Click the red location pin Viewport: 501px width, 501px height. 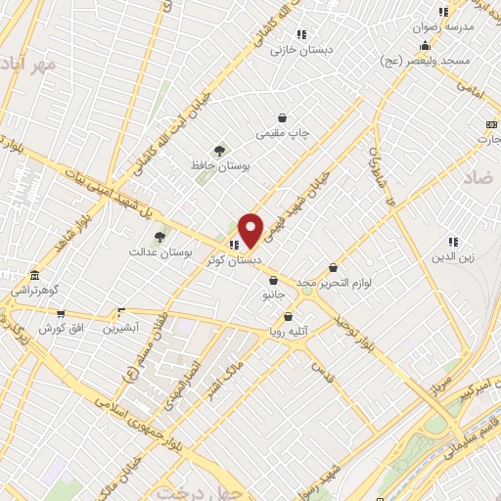251,230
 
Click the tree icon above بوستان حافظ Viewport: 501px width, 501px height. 219,150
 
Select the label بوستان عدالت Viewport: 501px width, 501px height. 151,251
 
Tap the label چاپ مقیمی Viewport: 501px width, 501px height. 282,132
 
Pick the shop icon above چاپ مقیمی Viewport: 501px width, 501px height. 282,117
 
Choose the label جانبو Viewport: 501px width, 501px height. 272,294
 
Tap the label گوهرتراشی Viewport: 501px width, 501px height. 35,291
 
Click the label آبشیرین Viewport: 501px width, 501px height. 122,328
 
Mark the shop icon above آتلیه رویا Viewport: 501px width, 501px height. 288,316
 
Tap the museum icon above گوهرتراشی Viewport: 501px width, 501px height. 35,275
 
